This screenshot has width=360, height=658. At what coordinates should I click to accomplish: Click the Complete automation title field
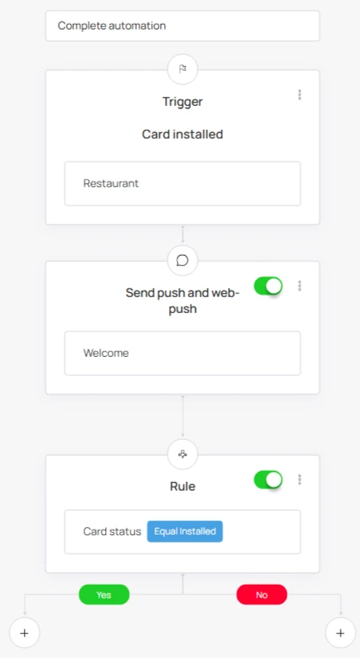[182, 25]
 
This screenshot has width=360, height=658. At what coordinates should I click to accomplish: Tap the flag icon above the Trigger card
[182, 69]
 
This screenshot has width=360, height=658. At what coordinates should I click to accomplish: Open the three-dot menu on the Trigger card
[299, 95]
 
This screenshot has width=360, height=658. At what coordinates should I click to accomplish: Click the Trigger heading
[182, 101]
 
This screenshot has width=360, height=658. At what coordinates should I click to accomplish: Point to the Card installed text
[182, 135]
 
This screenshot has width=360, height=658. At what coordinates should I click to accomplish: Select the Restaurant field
[182, 183]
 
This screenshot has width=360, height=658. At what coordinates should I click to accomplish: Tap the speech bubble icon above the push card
[182, 260]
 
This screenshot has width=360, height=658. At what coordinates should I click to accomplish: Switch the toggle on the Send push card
[268, 286]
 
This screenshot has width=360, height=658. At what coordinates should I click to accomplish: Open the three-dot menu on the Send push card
[299, 286]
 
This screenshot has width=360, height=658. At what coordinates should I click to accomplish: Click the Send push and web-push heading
[182, 300]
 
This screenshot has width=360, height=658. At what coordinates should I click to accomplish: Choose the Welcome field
[182, 353]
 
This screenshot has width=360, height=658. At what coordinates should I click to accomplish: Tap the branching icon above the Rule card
[182, 454]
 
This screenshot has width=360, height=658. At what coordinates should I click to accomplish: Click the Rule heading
[182, 487]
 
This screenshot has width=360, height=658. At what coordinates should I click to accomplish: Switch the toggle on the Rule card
[268, 480]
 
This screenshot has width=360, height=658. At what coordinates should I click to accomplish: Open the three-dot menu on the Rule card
[299, 480]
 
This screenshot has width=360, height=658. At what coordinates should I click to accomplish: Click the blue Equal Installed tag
[185, 531]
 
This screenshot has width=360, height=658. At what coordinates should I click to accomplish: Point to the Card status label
[112, 531]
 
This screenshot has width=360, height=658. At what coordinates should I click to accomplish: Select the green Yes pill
[104, 594]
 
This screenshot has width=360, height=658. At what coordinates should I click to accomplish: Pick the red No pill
[262, 594]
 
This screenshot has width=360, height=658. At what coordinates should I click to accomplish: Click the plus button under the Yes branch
[25, 633]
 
